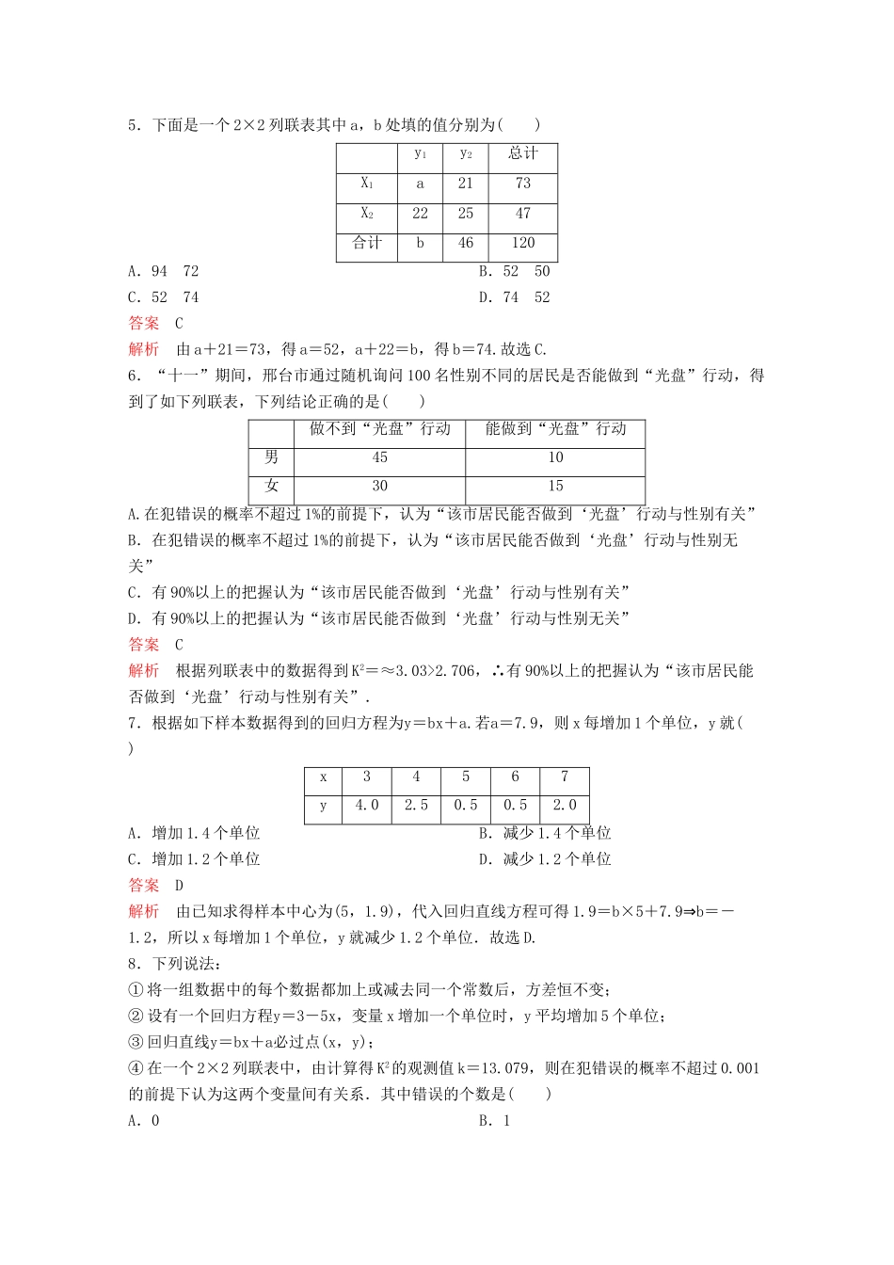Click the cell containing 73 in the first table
coord(522,184)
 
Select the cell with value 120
coord(522,243)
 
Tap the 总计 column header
coord(522,153)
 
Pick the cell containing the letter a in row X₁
coord(420,184)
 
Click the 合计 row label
coord(367,243)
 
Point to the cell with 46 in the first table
coord(465,243)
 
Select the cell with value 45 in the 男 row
coord(379,458)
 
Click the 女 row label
coord(272,487)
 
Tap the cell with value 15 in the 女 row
coord(555,487)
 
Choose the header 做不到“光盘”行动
coord(379,429)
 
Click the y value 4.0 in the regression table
coord(366,806)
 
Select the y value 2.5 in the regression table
coord(416,806)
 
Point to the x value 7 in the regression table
coord(564,777)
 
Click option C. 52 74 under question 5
coord(164,297)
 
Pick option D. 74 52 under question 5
coord(514,297)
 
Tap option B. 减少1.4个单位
coord(545,833)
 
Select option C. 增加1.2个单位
coord(194,859)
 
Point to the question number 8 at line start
coord(133,964)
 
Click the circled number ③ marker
coord(136,1042)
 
